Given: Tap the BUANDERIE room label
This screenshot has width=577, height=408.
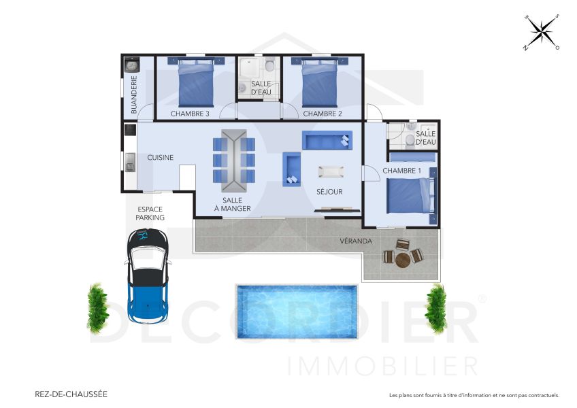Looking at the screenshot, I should tap(133, 95).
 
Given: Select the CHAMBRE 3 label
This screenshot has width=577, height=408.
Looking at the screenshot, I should tap(190, 114).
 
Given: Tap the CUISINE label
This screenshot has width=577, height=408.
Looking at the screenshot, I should tap(161, 158).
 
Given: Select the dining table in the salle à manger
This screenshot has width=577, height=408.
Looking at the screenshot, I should tap(234, 160).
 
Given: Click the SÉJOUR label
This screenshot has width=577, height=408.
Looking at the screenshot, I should tap(329, 192).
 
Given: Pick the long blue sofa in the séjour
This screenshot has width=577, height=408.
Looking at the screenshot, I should tap(328, 141).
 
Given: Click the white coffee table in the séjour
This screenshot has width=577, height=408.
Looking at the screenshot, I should tap(331, 171).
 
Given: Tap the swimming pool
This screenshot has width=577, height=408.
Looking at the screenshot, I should tap(297, 305).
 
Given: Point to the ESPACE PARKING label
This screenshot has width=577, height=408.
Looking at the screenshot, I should tap(150, 214).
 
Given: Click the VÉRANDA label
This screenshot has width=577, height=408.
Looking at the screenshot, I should tap(356, 241).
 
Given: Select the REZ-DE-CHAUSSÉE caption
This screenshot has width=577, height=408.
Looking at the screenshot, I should tap(71, 394).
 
